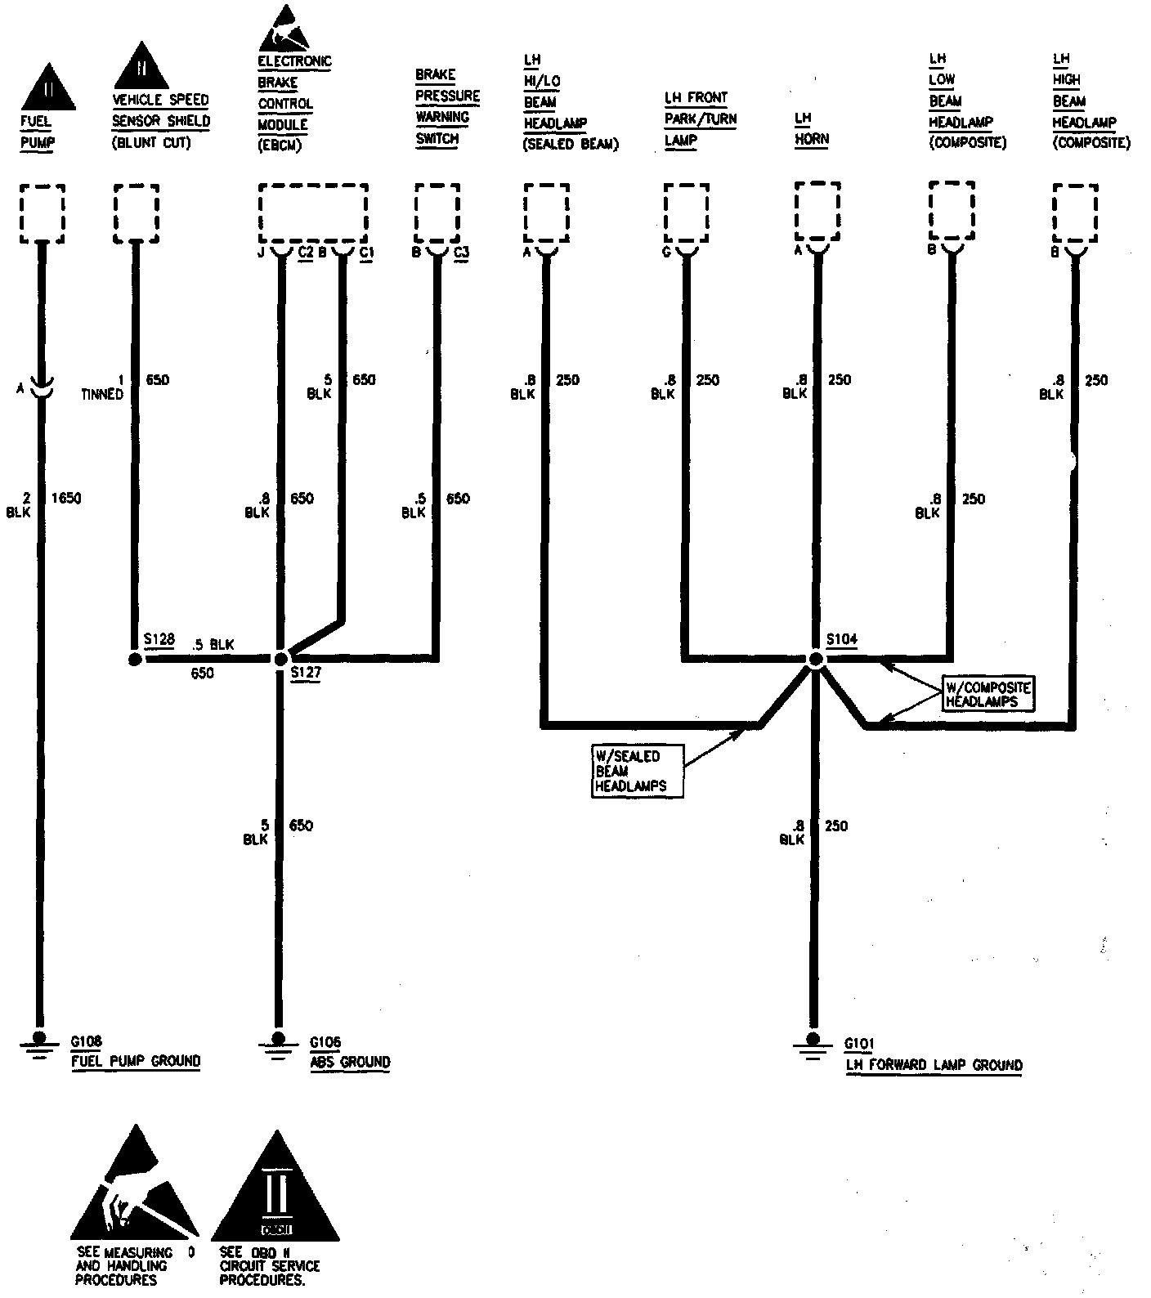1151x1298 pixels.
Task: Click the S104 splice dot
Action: tap(815, 658)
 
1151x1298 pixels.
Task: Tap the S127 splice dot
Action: tap(280, 658)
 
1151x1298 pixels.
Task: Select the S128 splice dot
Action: tap(135, 658)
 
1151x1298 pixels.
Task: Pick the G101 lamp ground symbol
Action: tap(812, 1045)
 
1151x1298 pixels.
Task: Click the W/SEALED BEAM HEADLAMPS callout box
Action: tap(638, 771)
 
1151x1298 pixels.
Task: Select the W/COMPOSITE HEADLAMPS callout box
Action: tap(987, 694)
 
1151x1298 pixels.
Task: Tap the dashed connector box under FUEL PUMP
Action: tap(42, 213)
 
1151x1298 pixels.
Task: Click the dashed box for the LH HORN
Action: tap(817, 211)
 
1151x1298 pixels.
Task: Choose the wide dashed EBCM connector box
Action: tap(313, 212)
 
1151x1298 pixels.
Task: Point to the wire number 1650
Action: tap(66, 498)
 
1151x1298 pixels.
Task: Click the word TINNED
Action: tap(101, 394)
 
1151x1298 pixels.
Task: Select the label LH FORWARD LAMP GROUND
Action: tap(934, 1065)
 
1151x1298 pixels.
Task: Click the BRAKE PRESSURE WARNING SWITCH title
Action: tap(446, 106)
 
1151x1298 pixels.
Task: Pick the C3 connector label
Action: tap(461, 252)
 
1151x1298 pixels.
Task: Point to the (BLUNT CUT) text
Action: tap(151, 142)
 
